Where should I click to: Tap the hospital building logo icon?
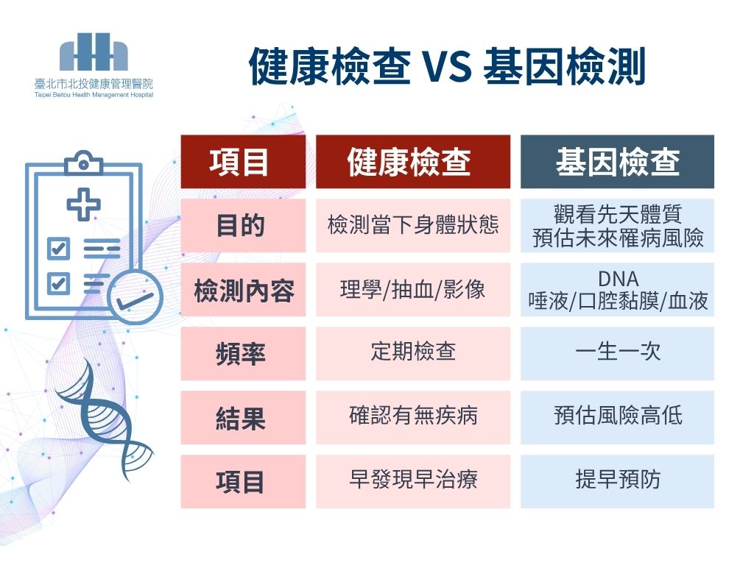pyautogui.click(x=94, y=52)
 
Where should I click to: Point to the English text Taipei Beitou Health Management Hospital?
pyautogui.click(x=94, y=95)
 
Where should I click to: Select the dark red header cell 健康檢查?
pyautogui.click(x=412, y=161)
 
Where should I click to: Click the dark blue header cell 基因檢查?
pyautogui.click(x=617, y=161)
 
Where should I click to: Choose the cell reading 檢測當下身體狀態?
pyautogui.click(x=412, y=225)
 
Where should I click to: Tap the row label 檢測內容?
pyautogui.click(x=243, y=290)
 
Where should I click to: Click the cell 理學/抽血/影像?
pyautogui.click(x=412, y=290)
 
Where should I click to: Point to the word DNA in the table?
pyautogui.click(x=618, y=279)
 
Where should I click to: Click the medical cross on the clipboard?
pyautogui.click(x=84, y=205)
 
